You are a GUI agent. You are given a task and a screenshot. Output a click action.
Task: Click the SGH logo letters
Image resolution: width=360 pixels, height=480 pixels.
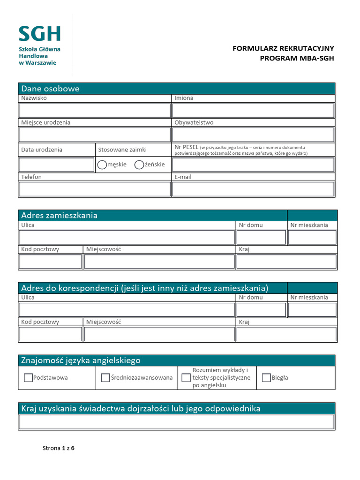40,34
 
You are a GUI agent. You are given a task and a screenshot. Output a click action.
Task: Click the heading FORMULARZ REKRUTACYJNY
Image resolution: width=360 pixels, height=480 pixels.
284,49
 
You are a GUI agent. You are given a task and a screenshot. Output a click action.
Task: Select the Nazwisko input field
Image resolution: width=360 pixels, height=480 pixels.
95,111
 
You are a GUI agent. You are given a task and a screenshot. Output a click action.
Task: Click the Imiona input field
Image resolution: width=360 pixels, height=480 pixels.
253,111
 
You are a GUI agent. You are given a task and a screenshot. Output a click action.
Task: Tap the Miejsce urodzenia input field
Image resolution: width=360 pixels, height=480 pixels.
95,135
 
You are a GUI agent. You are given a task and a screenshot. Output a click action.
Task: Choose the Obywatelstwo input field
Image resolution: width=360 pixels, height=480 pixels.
253,135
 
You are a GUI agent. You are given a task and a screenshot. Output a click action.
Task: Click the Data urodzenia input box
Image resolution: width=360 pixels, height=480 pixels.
57,165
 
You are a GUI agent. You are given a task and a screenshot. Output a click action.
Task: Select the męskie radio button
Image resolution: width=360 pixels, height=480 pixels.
102,165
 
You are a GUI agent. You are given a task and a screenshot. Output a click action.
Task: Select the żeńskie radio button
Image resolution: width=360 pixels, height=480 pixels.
139,165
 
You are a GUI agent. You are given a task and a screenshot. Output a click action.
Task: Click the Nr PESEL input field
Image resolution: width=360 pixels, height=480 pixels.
253,165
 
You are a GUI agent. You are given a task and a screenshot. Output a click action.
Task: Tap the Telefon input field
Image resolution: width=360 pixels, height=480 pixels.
95,189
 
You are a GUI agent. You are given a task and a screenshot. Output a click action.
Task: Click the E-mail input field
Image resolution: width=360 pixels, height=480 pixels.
253,189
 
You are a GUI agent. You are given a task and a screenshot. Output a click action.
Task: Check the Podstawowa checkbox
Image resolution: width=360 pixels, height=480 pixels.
28,378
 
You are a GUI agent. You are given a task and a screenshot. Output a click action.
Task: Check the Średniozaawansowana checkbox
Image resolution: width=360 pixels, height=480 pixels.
105,378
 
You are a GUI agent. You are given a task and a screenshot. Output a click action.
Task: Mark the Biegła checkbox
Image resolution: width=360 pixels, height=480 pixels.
266,378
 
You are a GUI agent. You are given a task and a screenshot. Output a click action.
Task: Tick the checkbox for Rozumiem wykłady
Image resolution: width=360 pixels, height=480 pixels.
186,378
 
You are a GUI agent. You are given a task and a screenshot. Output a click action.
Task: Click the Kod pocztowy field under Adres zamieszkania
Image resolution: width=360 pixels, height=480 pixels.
51,262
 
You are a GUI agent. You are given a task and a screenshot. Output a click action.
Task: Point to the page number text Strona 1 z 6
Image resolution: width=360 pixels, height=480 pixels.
59,448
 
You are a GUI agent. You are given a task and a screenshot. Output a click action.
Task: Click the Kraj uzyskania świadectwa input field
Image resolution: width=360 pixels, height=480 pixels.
177,422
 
